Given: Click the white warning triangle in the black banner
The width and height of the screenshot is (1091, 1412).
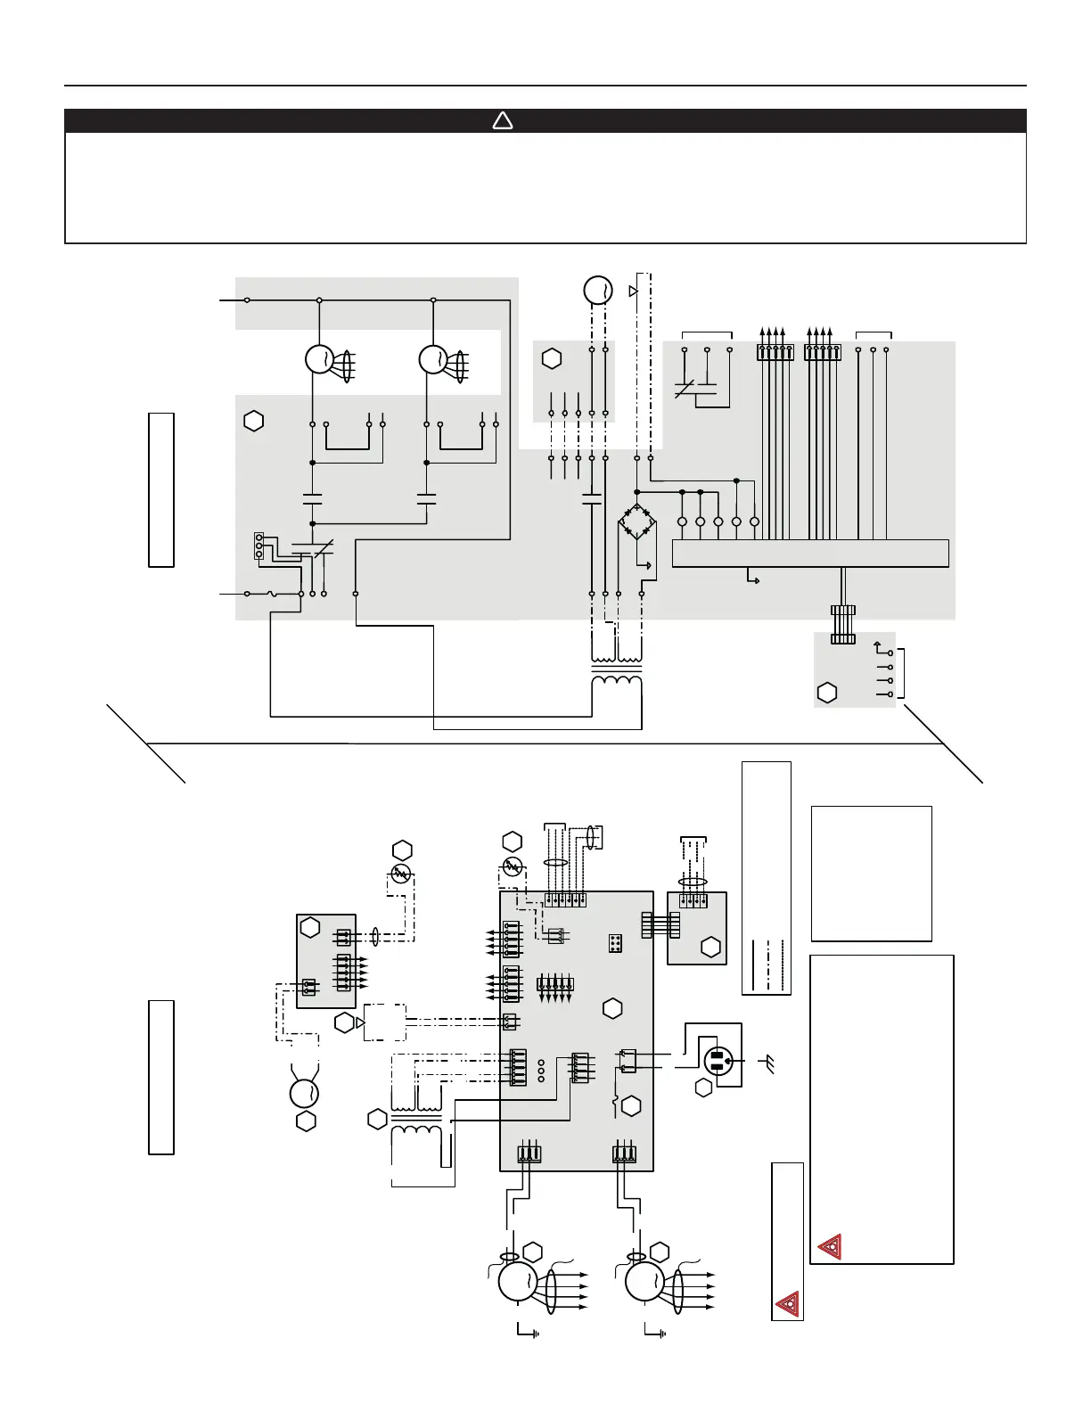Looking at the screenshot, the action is [503, 120].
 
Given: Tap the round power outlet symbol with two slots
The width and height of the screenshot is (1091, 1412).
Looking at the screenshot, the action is [718, 1062].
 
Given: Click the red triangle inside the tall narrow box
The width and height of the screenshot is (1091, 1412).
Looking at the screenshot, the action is [787, 1304].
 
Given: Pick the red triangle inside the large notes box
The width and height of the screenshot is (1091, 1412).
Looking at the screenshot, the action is [830, 1245].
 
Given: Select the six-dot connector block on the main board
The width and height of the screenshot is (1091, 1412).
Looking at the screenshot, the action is [615, 943].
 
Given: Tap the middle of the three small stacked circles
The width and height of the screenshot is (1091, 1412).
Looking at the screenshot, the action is [541, 1071].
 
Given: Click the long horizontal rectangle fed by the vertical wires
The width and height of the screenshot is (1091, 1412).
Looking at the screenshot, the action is [809, 553].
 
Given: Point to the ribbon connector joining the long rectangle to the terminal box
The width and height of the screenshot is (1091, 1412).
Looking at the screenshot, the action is [842, 624].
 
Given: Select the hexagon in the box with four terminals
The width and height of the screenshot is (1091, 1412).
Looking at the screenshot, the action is [827, 693].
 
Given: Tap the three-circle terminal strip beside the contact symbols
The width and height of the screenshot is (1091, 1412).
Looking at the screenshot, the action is [258, 546].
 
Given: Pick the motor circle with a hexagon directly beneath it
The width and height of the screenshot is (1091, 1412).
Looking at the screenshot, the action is [306, 1093].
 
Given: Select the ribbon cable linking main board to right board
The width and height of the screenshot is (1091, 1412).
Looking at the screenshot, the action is [660, 924].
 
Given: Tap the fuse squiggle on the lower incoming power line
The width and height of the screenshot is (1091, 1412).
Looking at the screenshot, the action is [272, 594].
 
